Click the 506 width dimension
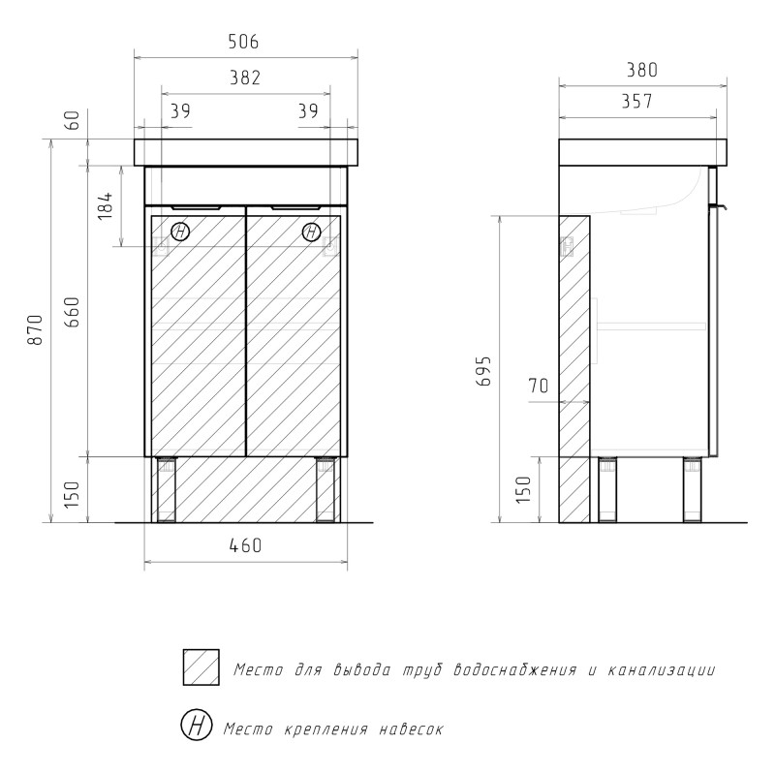[x=244, y=42]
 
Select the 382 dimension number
[x=245, y=77]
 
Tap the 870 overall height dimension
[x=36, y=329]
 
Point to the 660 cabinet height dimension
[x=72, y=312]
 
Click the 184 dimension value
[x=106, y=205]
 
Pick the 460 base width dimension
[x=246, y=545]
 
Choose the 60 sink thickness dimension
[x=72, y=120]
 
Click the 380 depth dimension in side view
[x=642, y=70]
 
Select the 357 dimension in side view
[x=637, y=102]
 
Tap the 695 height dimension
[x=483, y=371]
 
